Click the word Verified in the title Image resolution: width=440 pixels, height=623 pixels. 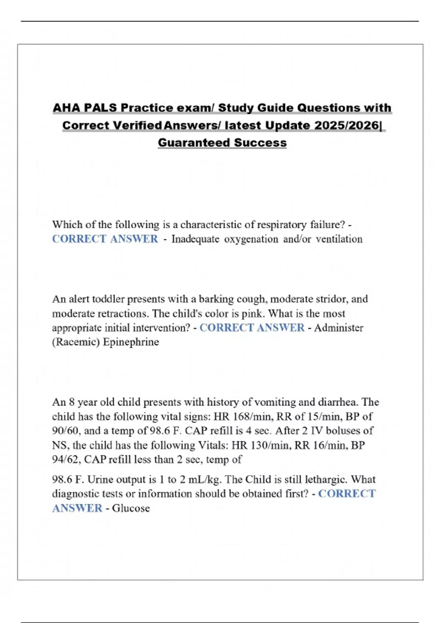point(137,125)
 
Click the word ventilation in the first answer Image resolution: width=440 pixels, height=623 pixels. point(339,239)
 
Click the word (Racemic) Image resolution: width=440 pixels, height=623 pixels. point(76,342)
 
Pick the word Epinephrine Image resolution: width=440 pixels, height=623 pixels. point(131,342)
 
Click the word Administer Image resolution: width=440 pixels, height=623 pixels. point(338,328)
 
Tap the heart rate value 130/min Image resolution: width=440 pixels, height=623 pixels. point(269,445)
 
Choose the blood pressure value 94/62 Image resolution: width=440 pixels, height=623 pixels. point(66,460)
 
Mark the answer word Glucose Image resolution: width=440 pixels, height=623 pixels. point(131,508)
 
